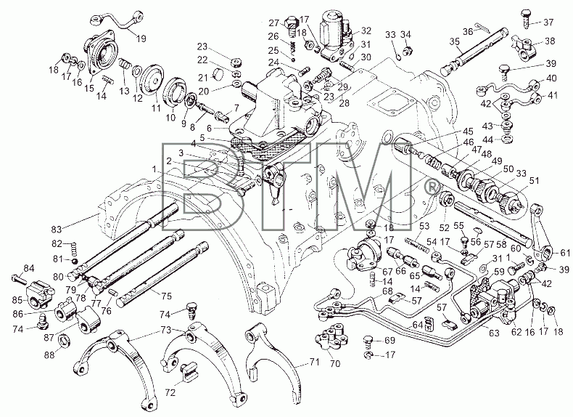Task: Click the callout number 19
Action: pyautogui.click(x=141, y=38)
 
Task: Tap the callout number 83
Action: pyautogui.click(x=57, y=230)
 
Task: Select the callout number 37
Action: pyautogui.click(x=548, y=23)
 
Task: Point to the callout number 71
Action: pyautogui.click(x=314, y=362)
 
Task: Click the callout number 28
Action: pyautogui.click(x=344, y=103)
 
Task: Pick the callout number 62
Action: pyautogui.click(x=516, y=332)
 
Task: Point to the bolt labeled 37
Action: pyautogui.click(x=525, y=17)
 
